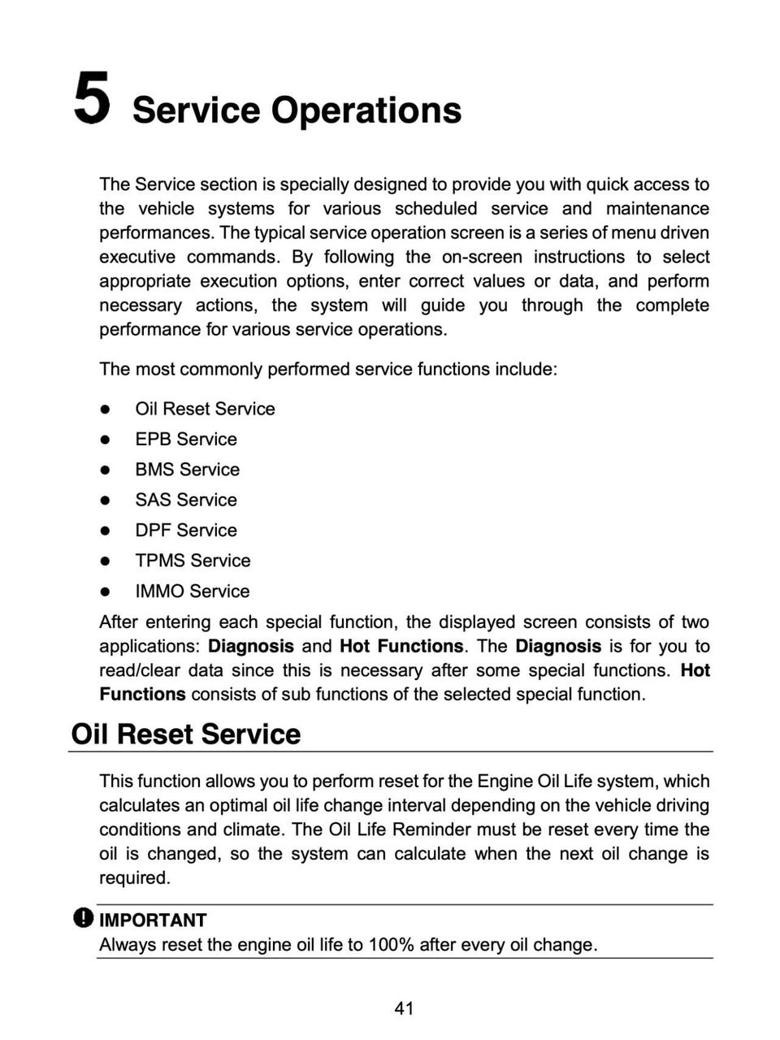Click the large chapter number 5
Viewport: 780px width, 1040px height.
pyautogui.click(x=92, y=98)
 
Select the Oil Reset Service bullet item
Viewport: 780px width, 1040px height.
pyautogui.click(x=205, y=409)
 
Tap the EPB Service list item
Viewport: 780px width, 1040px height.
pyautogui.click(x=186, y=439)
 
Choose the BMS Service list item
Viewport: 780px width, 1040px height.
pyautogui.click(x=187, y=470)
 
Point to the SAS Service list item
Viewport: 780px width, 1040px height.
pyautogui.click(x=186, y=500)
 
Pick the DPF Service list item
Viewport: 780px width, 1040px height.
pyautogui.click(x=186, y=530)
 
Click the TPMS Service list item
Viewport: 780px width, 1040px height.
pyautogui.click(x=193, y=561)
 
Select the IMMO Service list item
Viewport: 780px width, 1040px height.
pyautogui.click(x=192, y=591)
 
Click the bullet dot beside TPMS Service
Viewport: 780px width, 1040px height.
pyautogui.click(x=105, y=561)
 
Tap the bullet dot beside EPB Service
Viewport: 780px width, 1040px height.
pyautogui.click(x=105, y=440)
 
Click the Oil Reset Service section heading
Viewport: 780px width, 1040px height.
pyautogui.click(x=186, y=734)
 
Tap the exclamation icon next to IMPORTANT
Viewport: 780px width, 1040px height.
pyautogui.click(x=83, y=918)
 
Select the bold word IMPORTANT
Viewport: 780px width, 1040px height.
pyautogui.click(x=153, y=920)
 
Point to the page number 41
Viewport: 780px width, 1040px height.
pyautogui.click(x=404, y=1008)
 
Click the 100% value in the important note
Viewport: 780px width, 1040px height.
pyautogui.click(x=392, y=944)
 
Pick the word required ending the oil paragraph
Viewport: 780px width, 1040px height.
pyautogui.click(x=134, y=877)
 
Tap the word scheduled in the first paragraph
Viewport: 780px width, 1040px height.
pyautogui.click(x=436, y=209)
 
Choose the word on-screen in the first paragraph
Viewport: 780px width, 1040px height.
pyautogui.click(x=481, y=257)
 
